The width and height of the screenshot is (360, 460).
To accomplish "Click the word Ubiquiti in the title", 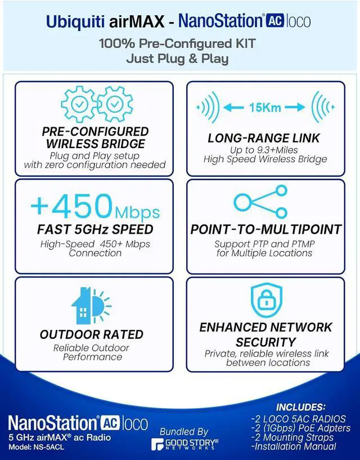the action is (75, 22).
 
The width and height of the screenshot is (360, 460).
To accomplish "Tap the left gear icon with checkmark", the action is (79, 104).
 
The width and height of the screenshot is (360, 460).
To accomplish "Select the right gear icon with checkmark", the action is (115, 104).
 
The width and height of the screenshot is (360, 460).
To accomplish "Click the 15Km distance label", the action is (265, 108).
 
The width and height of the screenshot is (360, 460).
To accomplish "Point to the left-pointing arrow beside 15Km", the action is (233, 108).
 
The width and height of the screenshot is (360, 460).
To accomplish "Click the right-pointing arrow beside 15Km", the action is (295, 108).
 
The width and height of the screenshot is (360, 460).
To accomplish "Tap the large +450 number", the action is (72, 205).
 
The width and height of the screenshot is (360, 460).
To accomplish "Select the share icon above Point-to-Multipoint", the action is (260, 202).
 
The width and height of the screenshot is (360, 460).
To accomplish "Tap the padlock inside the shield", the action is (266, 300).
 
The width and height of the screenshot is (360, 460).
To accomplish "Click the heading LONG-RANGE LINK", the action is (264, 139).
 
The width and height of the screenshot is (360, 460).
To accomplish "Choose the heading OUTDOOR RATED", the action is (92, 334).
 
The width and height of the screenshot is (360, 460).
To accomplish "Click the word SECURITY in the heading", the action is (265, 342).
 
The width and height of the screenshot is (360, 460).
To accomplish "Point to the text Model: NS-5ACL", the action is (37, 448).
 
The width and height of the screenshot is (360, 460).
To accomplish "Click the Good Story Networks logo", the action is (184, 444).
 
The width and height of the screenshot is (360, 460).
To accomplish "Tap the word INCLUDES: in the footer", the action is (301, 407).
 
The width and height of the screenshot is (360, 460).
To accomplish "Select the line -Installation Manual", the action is (294, 446).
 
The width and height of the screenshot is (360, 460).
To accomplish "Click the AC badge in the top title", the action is (274, 21).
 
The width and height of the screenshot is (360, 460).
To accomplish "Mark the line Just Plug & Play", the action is (177, 59).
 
